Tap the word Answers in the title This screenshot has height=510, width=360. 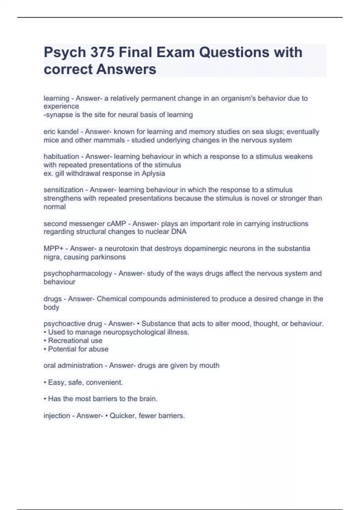(x=126, y=69)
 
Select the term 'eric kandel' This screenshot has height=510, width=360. (x=61, y=132)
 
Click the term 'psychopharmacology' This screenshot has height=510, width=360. (x=78, y=274)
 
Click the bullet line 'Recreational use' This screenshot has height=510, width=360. (x=75, y=341)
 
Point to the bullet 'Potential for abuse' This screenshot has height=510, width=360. (x=78, y=349)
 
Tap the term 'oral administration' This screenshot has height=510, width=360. (x=73, y=366)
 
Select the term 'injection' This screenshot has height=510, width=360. (x=57, y=416)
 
